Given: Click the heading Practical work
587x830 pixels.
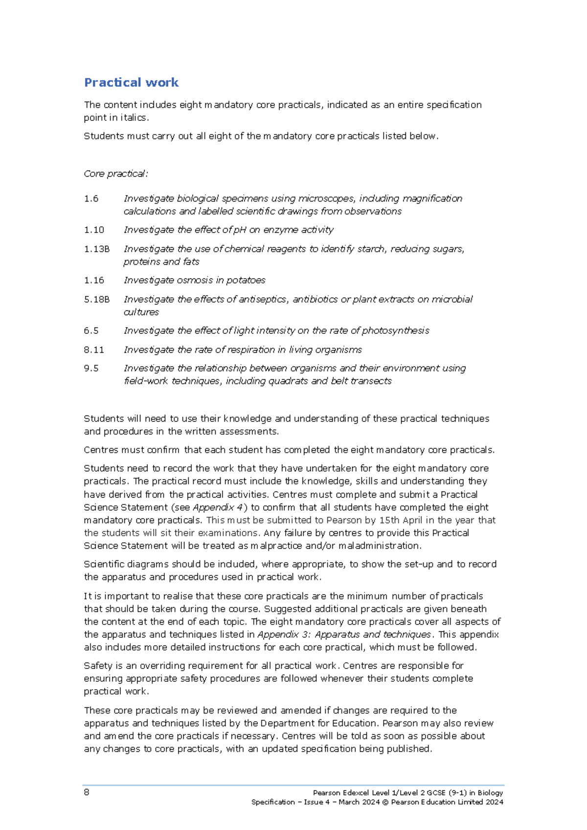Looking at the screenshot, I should pos(131,82).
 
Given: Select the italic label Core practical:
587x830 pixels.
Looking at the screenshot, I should pos(115,174).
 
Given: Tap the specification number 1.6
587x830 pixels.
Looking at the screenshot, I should pos(91,199).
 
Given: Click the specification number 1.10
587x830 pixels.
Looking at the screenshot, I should pos(93,230).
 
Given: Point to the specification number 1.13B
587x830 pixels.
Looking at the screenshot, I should pos(96,249).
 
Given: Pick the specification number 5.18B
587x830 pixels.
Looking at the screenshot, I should pos(96,300).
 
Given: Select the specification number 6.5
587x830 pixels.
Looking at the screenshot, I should pos(91,331).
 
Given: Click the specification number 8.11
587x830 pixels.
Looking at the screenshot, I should pos(93,350).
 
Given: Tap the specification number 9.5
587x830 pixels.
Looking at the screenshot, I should pos(91,369).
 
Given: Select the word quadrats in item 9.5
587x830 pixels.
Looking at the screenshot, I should pos(288,381).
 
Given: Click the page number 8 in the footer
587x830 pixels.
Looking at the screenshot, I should pos(87,792).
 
